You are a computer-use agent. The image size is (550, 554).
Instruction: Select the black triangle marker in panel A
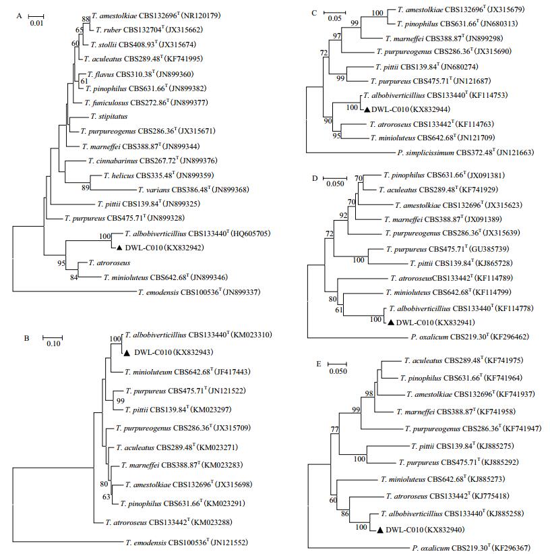click(x=119, y=248)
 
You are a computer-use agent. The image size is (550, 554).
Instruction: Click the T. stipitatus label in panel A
click(x=105, y=116)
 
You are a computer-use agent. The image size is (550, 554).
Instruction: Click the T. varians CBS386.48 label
click(x=173, y=190)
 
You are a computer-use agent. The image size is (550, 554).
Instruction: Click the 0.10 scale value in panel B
click(x=51, y=343)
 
